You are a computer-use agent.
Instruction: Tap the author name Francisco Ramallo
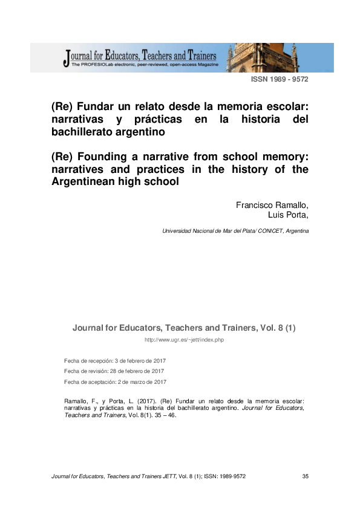(x=272, y=205)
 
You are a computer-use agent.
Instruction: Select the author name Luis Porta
(x=288, y=214)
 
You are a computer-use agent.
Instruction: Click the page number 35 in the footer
(x=305, y=476)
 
